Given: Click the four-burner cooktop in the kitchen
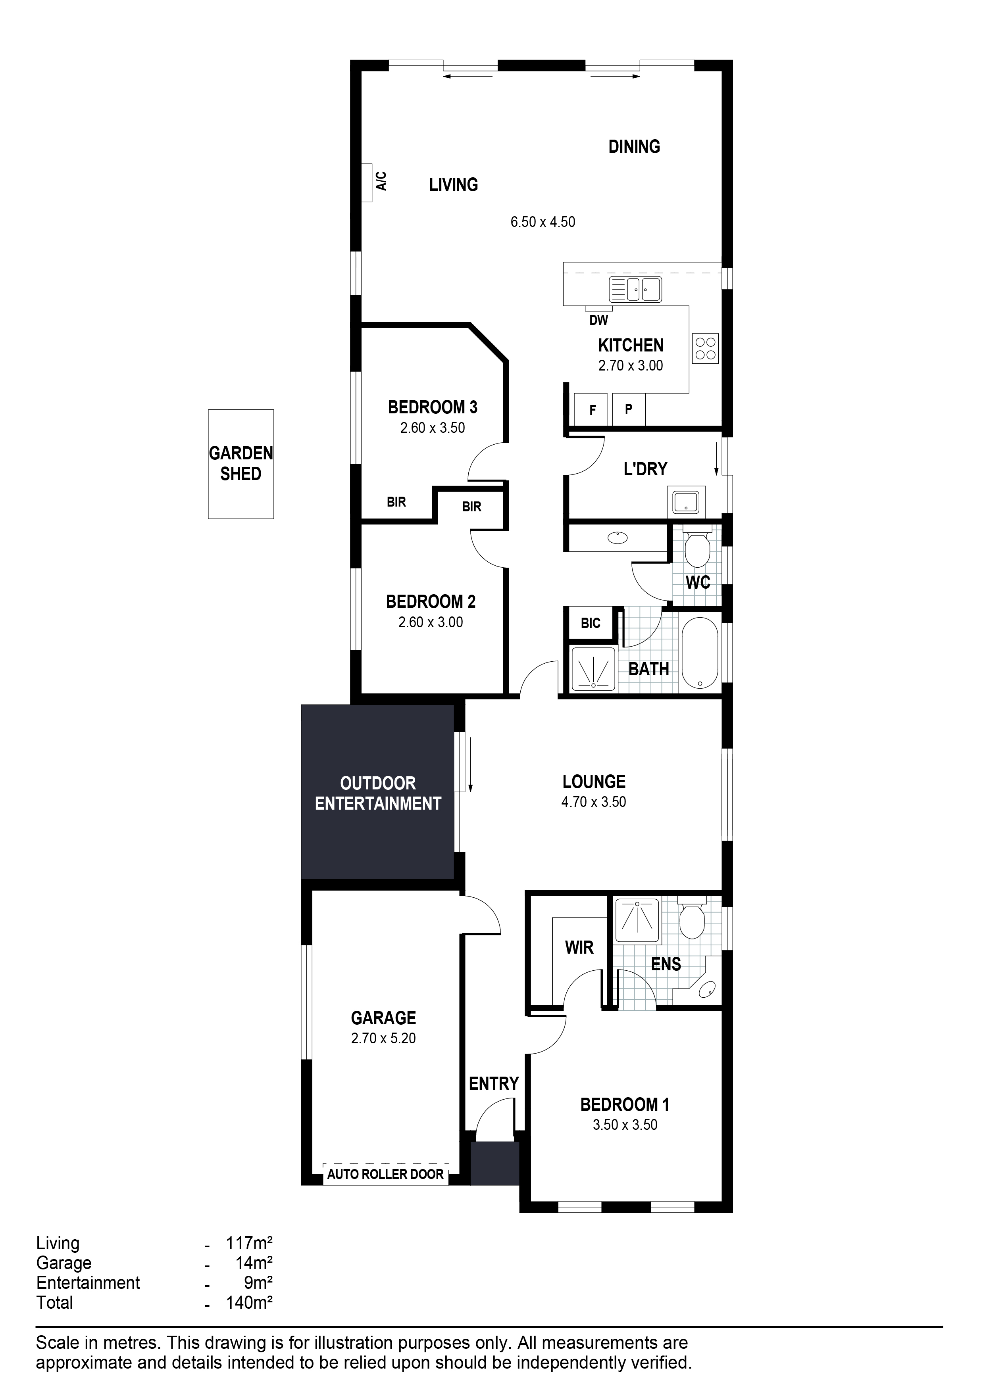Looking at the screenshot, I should (705, 349).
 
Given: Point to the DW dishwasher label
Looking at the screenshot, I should (598, 320).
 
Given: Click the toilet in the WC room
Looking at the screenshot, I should (697, 547).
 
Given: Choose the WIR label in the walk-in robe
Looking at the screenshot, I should (579, 948).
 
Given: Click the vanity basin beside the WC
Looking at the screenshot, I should (618, 537).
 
